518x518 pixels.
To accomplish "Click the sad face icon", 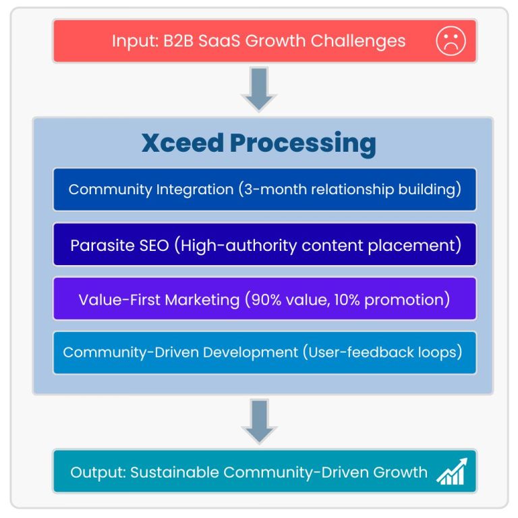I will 451,40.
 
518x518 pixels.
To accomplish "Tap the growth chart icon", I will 451,471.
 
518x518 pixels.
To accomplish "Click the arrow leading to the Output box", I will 259,422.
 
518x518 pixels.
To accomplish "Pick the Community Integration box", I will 264,190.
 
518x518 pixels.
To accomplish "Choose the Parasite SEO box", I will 264,244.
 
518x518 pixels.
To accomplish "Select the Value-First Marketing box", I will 264,299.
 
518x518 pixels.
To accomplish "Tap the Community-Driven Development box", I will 264,353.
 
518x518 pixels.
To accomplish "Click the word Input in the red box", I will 134,40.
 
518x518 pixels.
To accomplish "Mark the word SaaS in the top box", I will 217,40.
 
